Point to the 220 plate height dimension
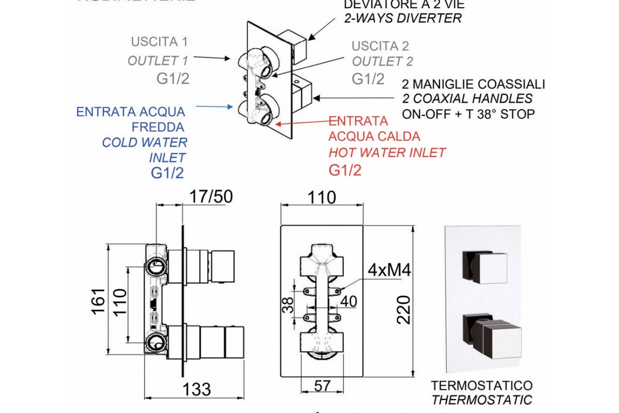coord(404,309)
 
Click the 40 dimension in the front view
coord(349,300)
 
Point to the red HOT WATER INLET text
coord(387,153)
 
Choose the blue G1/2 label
coord(167,173)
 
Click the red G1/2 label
coord(345,170)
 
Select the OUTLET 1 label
coord(158,60)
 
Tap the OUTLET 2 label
coord(382,61)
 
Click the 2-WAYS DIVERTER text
coord(402,19)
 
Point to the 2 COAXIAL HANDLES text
coord(467,99)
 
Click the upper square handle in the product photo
coord(486,267)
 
